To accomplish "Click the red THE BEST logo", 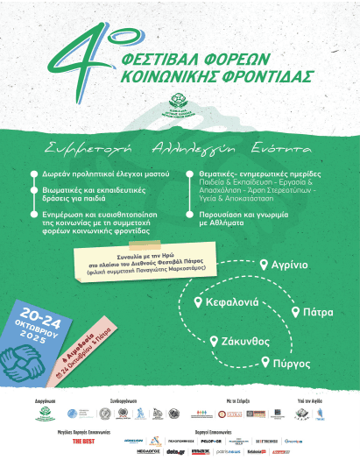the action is click(83, 443).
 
